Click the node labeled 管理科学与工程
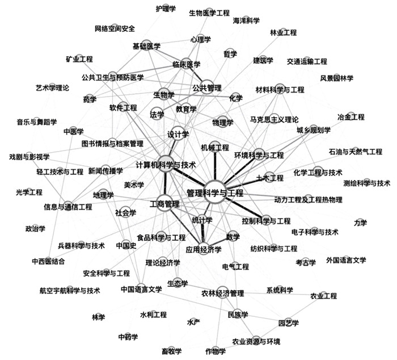pyautogui.click(x=215, y=192)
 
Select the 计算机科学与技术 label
pyautogui.click(x=166, y=165)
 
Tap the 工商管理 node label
pyautogui.click(x=164, y=204)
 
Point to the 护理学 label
pyautogui.click(x=166, y=9)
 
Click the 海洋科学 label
pyautogui.click(x=246, y=20)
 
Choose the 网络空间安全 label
pyautogui.click(x=115, y=29)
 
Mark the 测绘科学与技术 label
pyautogui.click(x=366, y=183)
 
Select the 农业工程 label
pyautogui.click(x=323, y=296)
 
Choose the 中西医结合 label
pyautogui.click(x=48, y=262)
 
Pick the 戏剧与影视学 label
pyautogui.click(x=29, y=157)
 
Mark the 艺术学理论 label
pyautogui.click(x=52, y=88)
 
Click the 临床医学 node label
pyautogui.click(x=186, y=64)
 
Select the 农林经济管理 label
pyautogui.click(x=222, y=294)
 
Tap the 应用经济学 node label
pyautogui.click(x=203, y=249)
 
